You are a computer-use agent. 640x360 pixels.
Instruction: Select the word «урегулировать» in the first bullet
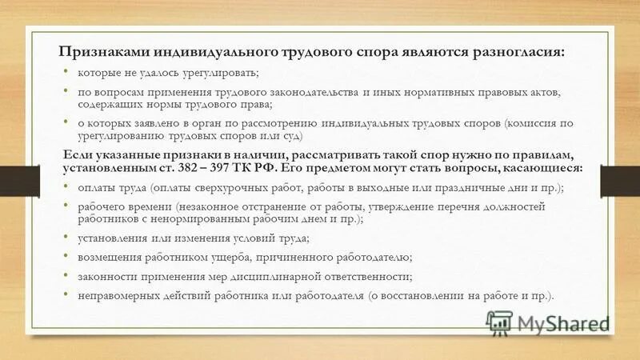[218, 74]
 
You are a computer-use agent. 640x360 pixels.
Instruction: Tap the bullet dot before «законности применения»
[66, 275]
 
